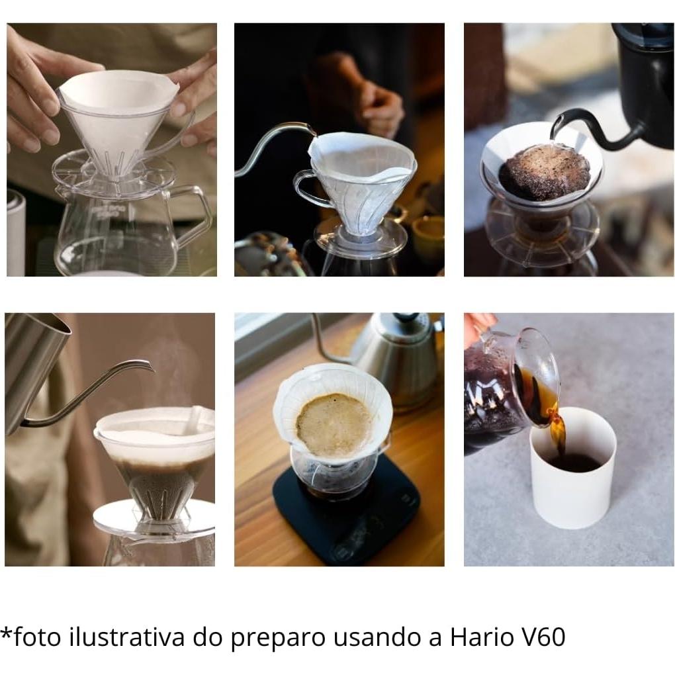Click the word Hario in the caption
pyautogui.click(x=482, y=637)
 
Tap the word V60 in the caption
pyautogui.click(x=543, y=637)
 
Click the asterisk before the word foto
pyautogui.click(x=6, y=632)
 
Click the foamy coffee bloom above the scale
pyautogui.click(x=334, y=424)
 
